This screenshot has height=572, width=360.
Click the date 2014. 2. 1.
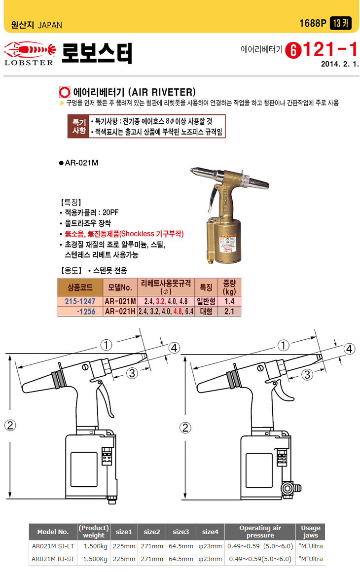[x=340, y=64]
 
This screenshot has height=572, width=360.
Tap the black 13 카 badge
[x=340, y=23]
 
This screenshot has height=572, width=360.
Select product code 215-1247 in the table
[x=80, y=301]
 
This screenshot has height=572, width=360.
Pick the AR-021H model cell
[x=120, y=312]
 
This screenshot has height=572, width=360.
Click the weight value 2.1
[x=229, y=312]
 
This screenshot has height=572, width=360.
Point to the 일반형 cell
[x=206, y=301]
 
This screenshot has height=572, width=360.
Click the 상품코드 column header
[x=80, y=287]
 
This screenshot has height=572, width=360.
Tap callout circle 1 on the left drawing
[x=106, y=345]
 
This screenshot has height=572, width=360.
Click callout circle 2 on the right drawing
[x=185, y=428]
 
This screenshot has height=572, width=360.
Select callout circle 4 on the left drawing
[x=175, y=348]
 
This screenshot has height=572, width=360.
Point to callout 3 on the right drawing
[x=307, y=374]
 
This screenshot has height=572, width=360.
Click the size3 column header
[x=181, y=532]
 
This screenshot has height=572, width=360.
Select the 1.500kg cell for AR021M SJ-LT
[x=96, y=546]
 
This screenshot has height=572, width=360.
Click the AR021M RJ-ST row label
[x=53, y=559]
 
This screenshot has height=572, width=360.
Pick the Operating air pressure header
[x=260, y=532]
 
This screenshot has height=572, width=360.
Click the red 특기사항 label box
[x=79, y=126]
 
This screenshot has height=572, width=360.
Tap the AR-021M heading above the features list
[x=79, y=163]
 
